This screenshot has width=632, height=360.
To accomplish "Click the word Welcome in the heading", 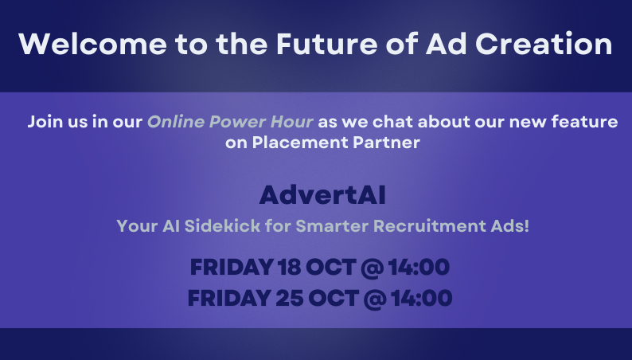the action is click(x=92, y=44).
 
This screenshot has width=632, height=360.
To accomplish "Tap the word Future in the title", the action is click(x=327, y=44).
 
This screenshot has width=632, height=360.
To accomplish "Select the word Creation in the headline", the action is click(x=544, y=44).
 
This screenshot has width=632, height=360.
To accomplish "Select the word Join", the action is click(x=45, y=122).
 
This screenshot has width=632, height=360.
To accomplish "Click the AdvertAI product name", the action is click(x=322, y=195).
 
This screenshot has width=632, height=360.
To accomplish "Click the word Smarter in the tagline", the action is click(x=332, y=225).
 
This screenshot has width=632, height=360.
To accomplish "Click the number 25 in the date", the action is click(x=290, y=298).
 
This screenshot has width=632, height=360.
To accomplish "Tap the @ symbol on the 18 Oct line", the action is click(x=372, y=268).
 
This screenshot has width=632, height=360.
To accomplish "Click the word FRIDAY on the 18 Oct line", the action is click(x=232, y=267).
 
